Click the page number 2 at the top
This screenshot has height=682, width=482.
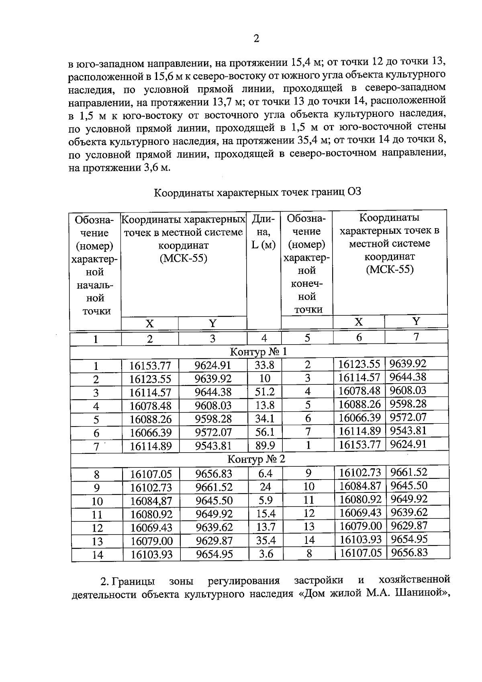[x=256, y=39]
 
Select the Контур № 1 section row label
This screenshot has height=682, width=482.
[x=258, y=352]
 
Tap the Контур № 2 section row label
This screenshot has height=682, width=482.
[x=256, y=459]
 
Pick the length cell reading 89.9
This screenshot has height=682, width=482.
[x=265, y=445]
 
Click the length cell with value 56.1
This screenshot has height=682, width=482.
[x=265, y=432]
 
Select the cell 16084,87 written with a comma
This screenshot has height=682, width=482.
[x=151, y=501]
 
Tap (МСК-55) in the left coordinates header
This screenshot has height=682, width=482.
[x=183, y=258]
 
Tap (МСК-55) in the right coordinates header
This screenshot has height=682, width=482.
[x=389, y=269]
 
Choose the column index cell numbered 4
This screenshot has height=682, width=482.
[x=264, y=338]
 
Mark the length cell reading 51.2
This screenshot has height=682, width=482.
[x=265, y=392]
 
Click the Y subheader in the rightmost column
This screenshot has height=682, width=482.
[x=416, y=321]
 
